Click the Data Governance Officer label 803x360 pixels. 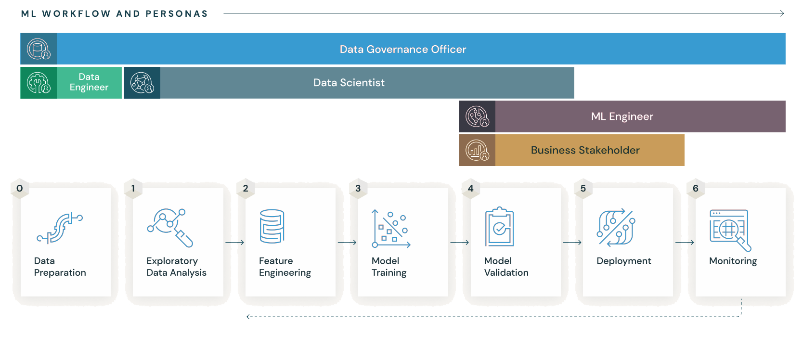pos(402,49)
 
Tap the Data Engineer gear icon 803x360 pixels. pos(39,83)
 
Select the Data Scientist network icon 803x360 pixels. pos(142,83)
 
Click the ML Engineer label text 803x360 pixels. pos(622,116)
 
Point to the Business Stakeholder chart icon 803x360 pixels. pos(477,150)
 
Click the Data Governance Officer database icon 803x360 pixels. pos(39,49)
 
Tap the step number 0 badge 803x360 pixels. pos(20,188)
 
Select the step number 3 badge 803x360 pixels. pos(358,188)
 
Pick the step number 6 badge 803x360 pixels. pos(696,188)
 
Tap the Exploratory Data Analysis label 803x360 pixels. pos(176,267)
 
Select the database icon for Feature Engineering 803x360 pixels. pos(272,226)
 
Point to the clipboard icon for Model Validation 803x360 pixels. pos(499,227)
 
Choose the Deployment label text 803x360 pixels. pos(623,261)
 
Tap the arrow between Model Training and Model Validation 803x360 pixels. pos(459,243)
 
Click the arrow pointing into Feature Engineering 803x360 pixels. pos(234,243)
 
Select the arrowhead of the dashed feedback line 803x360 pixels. pos(248,317)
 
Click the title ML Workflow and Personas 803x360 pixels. pos(115,13)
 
